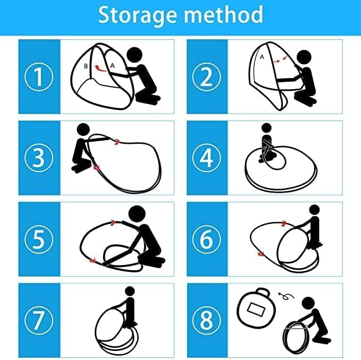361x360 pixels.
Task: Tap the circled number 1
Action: click(39, 77)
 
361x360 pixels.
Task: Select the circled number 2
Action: click(206, 77)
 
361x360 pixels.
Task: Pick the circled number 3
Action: click(39, 158)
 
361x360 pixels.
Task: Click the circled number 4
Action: click(206, 158)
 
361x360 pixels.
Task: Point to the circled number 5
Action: click(39, 239)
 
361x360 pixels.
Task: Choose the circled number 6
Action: click(206, 239)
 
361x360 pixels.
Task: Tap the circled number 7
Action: click(39, 321)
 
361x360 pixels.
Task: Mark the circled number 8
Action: click(206, 321)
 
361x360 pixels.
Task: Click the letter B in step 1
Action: click(86, 66)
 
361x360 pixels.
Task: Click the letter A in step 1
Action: click(112, 66)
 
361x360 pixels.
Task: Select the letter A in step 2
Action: click(262, 57)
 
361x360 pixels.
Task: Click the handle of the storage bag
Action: click(263, 291)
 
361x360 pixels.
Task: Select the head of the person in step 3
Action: click(83, 130)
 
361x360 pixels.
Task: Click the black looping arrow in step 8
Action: click(286, 296)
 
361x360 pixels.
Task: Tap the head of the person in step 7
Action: click(130, 291)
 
